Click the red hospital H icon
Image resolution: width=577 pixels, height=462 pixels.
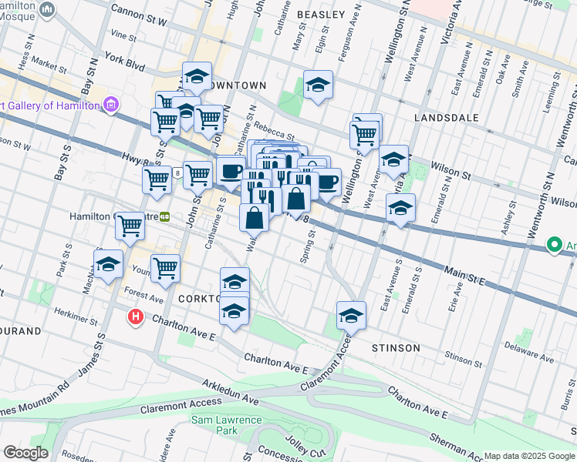coord(136,316)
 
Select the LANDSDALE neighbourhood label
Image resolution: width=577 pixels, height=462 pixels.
coord(446,118)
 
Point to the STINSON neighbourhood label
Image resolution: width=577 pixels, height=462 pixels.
coord(396,348)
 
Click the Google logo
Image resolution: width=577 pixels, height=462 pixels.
coord(25,453)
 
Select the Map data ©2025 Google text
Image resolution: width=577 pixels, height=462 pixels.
coord(529,456)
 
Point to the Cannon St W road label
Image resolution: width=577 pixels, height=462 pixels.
coord(139,11)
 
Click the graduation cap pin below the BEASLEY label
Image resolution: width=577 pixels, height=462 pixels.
coord(317,85)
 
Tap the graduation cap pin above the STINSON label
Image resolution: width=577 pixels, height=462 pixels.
coord(351,315)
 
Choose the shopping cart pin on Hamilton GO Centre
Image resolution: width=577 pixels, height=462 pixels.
coord(130,226)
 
